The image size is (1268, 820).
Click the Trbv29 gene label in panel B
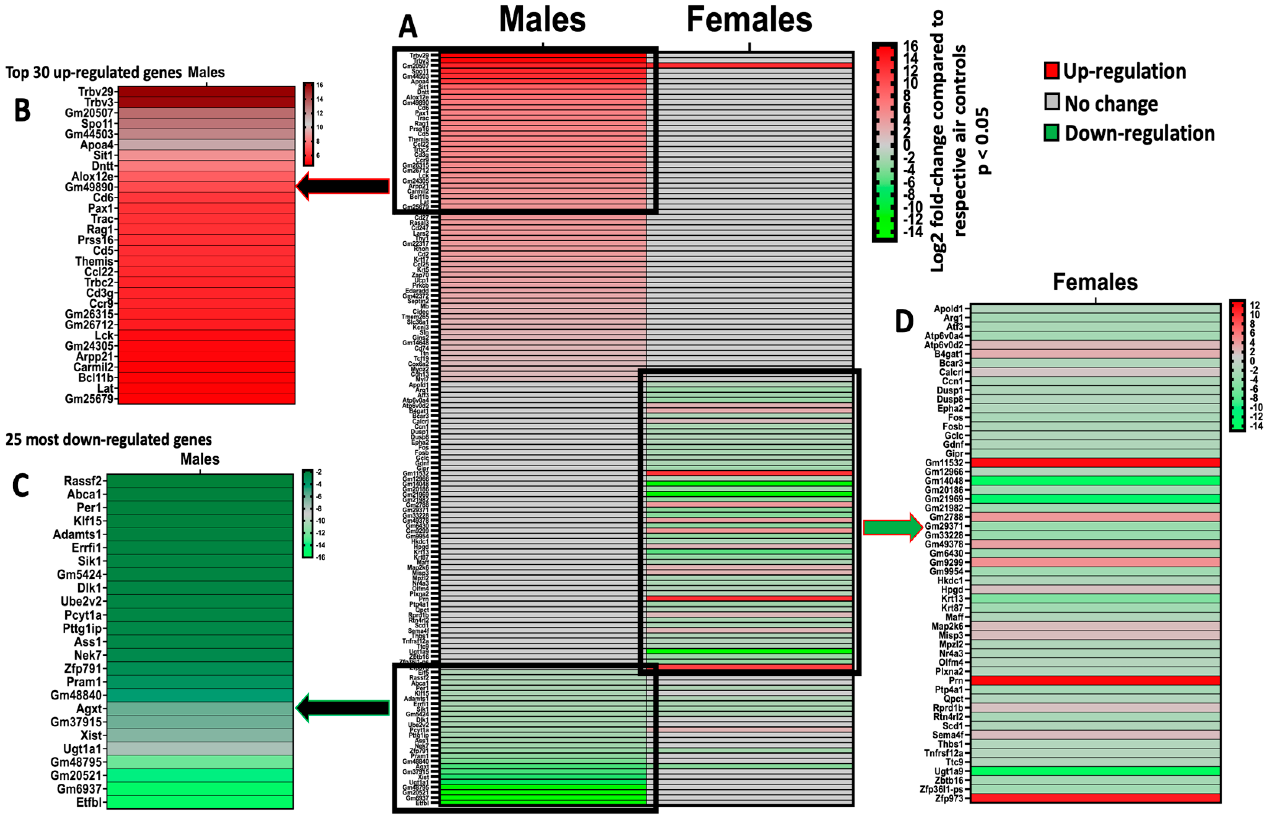click(x=96, y=92)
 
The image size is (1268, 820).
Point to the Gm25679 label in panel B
click(x=89, y=399)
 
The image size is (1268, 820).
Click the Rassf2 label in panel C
click(x=83, y=481)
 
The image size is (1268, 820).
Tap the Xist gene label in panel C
click(x=90, y=735)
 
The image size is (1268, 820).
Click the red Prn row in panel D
click(x=1095, y=681)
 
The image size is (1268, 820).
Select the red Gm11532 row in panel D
click(x=1095, y=462)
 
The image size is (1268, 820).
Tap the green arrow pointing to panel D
click(x=892, y=527)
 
